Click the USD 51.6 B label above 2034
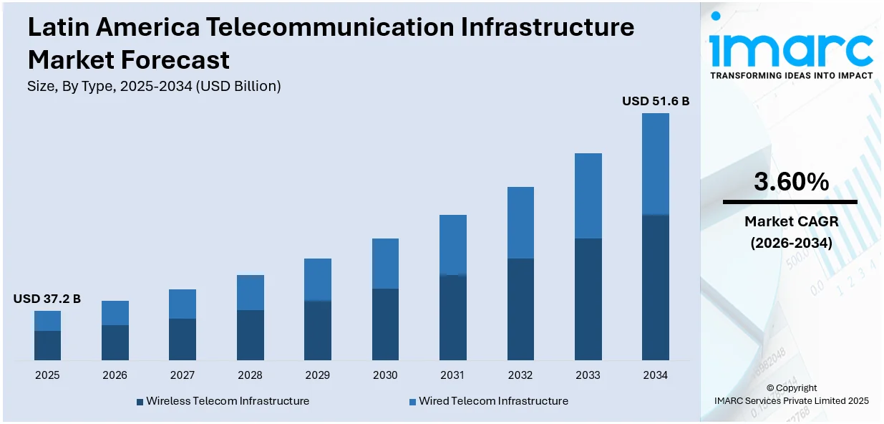pos(655,101)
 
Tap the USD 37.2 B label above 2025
pos(47,299)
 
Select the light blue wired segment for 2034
pos(655,163)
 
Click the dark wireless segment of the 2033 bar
pos(588,299)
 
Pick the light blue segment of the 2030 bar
pos(385,264)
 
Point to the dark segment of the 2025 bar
pos(47,345)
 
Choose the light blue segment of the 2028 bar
pos(250,292)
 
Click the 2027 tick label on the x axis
pos(183,375)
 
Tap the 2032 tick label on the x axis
pos(520,375)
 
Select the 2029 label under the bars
pos(318,375)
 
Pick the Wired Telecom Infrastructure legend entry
pos(493,401)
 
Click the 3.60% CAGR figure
pos(791,182)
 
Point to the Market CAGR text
pos(791,221)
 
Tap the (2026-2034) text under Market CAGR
pos(791,243)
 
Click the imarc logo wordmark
pos(791,49)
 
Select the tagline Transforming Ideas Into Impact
pos(791,75)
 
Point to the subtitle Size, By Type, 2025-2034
pos(154,86)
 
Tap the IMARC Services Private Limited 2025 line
pos(791,401)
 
